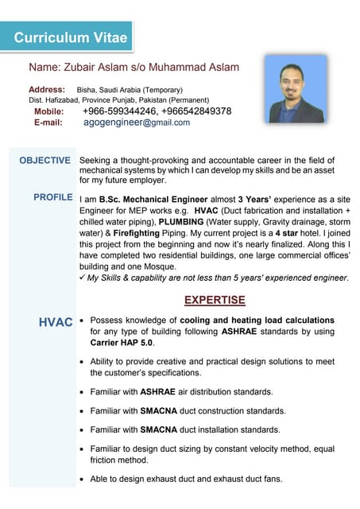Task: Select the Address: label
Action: click(x=47, y=89)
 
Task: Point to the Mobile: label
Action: click(x=48, y=111)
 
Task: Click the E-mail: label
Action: click(x=48, y=122)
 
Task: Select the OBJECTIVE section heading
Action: click(x=45, y=161)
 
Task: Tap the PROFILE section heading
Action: click(x=53, y=196)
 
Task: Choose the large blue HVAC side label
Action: click(x=56, y=322)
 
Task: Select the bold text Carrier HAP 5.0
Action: click(x=121, y=342)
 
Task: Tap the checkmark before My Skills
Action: click(x=83, y=278)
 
